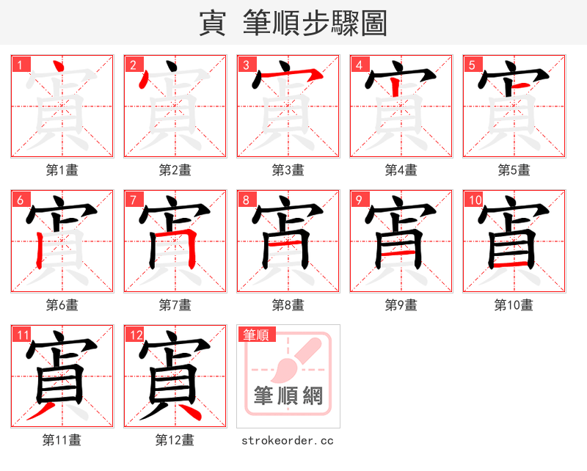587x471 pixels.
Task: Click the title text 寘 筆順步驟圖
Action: [293, 23]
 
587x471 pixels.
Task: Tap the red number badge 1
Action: [20, 65]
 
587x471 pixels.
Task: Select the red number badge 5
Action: [472, 65]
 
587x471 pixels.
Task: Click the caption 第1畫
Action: [62, 170]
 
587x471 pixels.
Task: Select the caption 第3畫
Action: [288, 170]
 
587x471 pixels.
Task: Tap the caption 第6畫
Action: [62, 304]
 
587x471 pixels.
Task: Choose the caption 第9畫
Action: [401, 304]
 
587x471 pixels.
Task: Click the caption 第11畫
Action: [62, 440]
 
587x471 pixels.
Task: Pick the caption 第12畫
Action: [175, 440]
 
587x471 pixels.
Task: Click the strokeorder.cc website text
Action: [288, 440]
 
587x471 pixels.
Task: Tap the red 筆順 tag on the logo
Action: [257, 335]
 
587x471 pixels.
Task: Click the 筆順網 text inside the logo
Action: [288, 397]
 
